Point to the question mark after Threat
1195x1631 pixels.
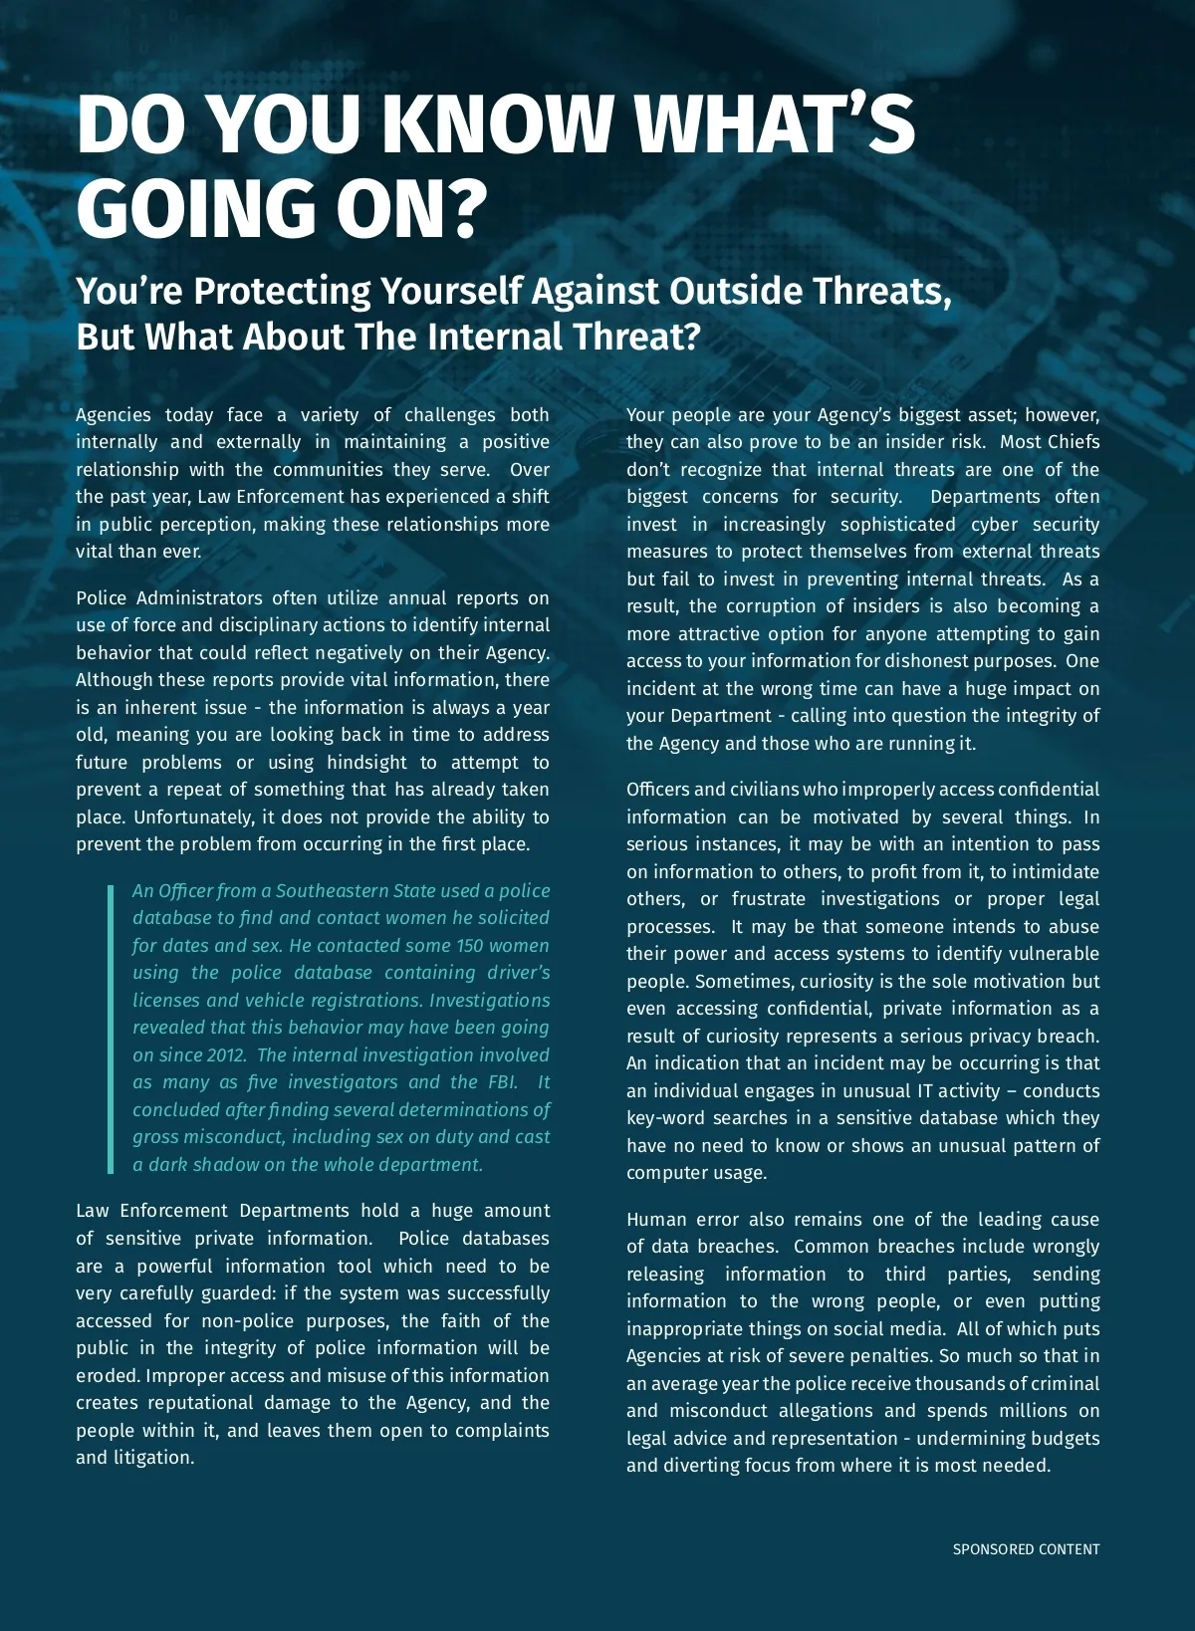coord(693,337)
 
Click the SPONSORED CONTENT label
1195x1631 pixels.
coord(1026,1549)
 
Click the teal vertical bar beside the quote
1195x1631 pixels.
coord(111,1028)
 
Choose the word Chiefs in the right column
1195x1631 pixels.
coord(1074,442)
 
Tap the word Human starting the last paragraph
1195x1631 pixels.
coord(654,1220)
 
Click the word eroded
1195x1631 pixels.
coord(108,1376)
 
